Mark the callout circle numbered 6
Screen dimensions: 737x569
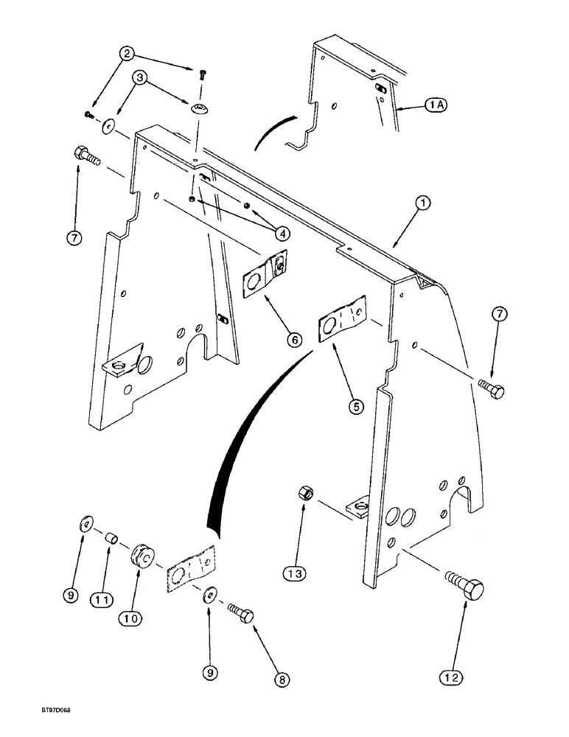click(x=293, y=339)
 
